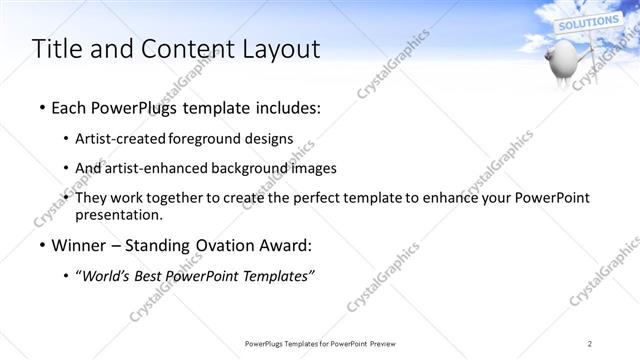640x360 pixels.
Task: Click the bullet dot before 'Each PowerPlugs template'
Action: (x=40, y=107)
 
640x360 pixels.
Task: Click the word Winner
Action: (x=77, y=245)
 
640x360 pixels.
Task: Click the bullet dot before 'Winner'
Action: (x=40, y=245)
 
